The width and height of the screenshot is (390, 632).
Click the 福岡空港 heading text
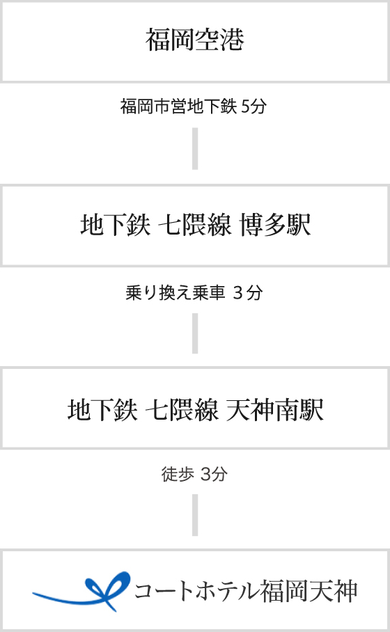pyautogui.click(x=195, y=40)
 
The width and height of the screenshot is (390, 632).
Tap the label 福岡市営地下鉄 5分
pyautogui.click(x=194, y=106)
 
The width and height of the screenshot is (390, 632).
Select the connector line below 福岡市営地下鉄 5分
pyautogui.click(x=195, y=148)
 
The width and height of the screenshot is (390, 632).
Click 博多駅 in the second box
pyautogui.click(x=275, y=225)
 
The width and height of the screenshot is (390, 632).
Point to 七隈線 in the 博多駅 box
pyautogui.click(x=195, y=225)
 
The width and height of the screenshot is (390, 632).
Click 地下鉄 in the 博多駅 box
pyautogui.click(x=116, y=225)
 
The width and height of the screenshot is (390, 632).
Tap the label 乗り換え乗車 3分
pyautogui.click(x=194, y=292)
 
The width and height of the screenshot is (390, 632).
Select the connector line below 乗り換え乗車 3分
pyautogui.click(x=195, y=333)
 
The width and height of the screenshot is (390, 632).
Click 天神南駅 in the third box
pyautogui.click(x=274, y=410)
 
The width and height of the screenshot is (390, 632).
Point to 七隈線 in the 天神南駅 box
pyautogui.click(x=182, y=410)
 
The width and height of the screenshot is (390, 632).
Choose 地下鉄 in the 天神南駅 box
pyautogui.click(x=102, y=410)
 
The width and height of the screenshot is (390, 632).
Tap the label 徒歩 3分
pyautogui.click(x=194, y=474)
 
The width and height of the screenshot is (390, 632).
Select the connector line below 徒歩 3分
pyautogui.click(x=195, y=515)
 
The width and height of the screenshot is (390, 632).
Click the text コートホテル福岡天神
pyautogui.click(x=246, y=592)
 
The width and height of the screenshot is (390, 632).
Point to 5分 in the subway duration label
pyautogui.click(x=254, y=106)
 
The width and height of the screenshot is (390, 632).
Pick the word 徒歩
pyautogui.click(x=178, y=474)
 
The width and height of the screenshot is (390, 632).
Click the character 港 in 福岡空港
pyautogui.click(x=233, y=40)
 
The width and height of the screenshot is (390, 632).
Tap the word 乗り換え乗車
pyautogui.click(x=175, y=292)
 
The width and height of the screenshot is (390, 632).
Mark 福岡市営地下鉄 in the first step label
pyautogui.click(x=178, y=106)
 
